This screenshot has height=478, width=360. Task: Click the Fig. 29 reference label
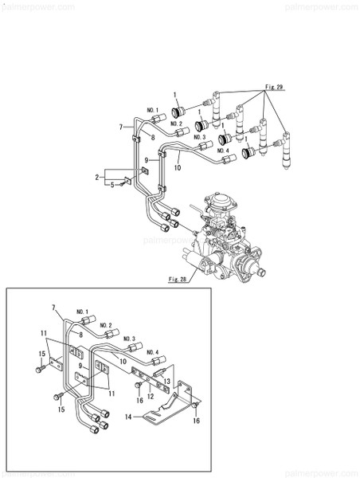coord(275,85)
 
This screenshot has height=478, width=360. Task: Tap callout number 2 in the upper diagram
coord(97,177)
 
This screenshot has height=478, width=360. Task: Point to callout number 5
coord(112,185)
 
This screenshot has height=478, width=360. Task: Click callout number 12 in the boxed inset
coord(150,396)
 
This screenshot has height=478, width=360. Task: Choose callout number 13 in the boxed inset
coord(168,382)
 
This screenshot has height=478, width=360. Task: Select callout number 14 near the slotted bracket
coord(127,416)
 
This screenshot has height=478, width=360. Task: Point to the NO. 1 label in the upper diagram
coord(152,109)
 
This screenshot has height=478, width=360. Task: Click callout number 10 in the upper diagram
coord(178,168)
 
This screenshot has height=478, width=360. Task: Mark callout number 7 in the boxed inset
coord(55,308)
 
